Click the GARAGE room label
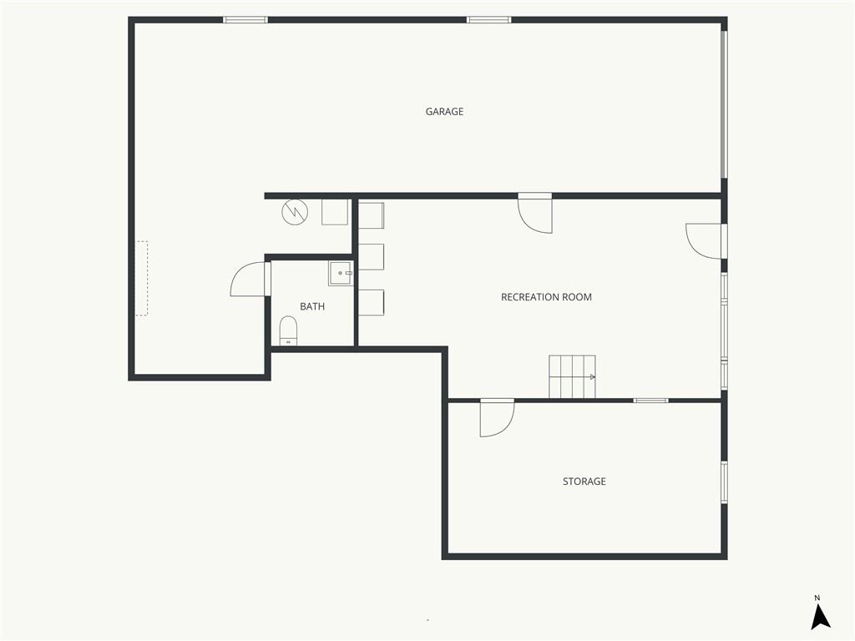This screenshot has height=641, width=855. [x=444, y=112]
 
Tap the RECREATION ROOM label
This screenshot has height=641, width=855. [x=546, y=297]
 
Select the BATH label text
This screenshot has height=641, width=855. [x=312, y=307]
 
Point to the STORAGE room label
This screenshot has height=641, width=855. [x=584, y=482]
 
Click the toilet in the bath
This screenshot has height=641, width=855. [x=288, y=331]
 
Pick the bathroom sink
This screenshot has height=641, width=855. [x=341, y=273]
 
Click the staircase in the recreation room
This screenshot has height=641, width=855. [x=572, y=376]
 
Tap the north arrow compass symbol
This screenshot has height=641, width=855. [x=820, y=618]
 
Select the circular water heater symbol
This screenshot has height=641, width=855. [x=295, y=212]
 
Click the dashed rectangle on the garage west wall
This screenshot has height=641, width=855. [x=142, y=278]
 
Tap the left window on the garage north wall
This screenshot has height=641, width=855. [x=245, y=20]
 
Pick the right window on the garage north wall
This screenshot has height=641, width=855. [x=489, y=20]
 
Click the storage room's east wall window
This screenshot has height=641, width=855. [x=724, y=482]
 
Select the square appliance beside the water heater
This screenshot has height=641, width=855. [x=335, y=212]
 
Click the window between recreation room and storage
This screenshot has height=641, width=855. [x=650, y=401]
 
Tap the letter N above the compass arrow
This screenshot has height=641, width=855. [x=817, y=598]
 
